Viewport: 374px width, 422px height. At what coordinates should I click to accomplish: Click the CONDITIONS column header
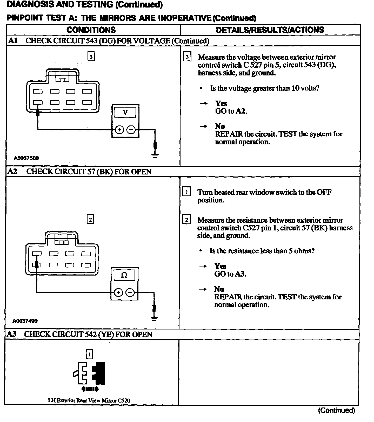[x=91, y=30]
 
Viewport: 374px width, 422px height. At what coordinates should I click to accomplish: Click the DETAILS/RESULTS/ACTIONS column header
[x=270, y=30]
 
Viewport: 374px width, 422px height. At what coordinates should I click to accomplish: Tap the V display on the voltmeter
[x=125, y=112]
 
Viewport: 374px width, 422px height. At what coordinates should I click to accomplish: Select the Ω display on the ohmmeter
[x=124, y=275]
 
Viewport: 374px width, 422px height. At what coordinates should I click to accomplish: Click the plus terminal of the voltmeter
[x=119, y=130]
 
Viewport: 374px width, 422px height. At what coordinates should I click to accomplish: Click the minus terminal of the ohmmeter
[x=130, y=293]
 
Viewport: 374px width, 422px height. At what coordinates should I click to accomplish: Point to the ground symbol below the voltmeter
[x=155, y=156]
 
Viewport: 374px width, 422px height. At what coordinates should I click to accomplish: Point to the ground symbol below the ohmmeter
[x=154, y=319]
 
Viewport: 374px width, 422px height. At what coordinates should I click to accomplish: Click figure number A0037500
[x=26, y=158]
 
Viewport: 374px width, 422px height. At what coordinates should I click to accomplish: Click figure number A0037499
[x=25, y=321]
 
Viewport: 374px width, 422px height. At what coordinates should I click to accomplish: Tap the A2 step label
[x=12, y=172]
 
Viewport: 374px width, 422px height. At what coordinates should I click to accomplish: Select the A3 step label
[x=11, y=334]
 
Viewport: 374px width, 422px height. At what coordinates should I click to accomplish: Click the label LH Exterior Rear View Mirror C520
[x=89, y=400]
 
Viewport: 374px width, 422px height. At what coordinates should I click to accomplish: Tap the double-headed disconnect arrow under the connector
[x=90, y=389]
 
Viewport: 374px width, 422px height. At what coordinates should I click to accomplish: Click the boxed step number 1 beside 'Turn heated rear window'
[x=186, y=192]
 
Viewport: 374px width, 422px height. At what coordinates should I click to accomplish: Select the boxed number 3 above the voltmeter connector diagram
[x=91, y=57]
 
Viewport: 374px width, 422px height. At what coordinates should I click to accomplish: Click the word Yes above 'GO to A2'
[x=221, y=103]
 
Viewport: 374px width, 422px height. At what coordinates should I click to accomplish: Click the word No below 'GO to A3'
[x=219, y=289]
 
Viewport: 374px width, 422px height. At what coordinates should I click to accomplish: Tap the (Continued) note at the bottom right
[x=336, y=410]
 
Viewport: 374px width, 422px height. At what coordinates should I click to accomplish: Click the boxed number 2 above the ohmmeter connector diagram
[x=90, y=220]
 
